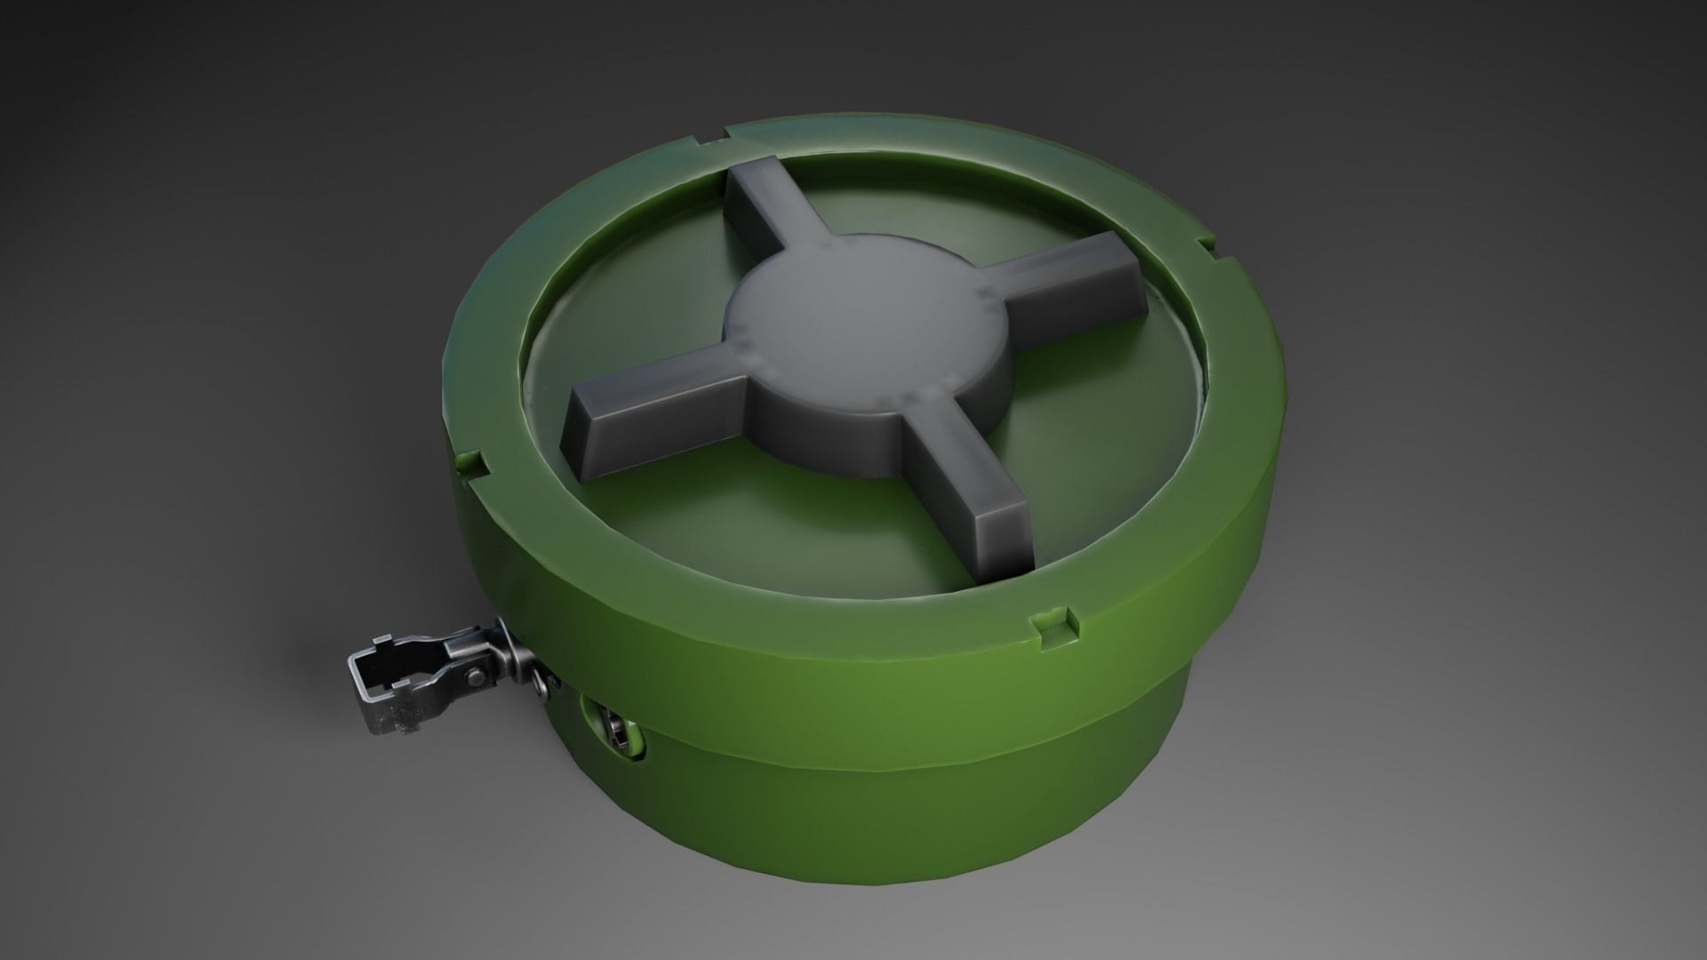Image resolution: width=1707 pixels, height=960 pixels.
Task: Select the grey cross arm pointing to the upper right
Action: click(1067, 276)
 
